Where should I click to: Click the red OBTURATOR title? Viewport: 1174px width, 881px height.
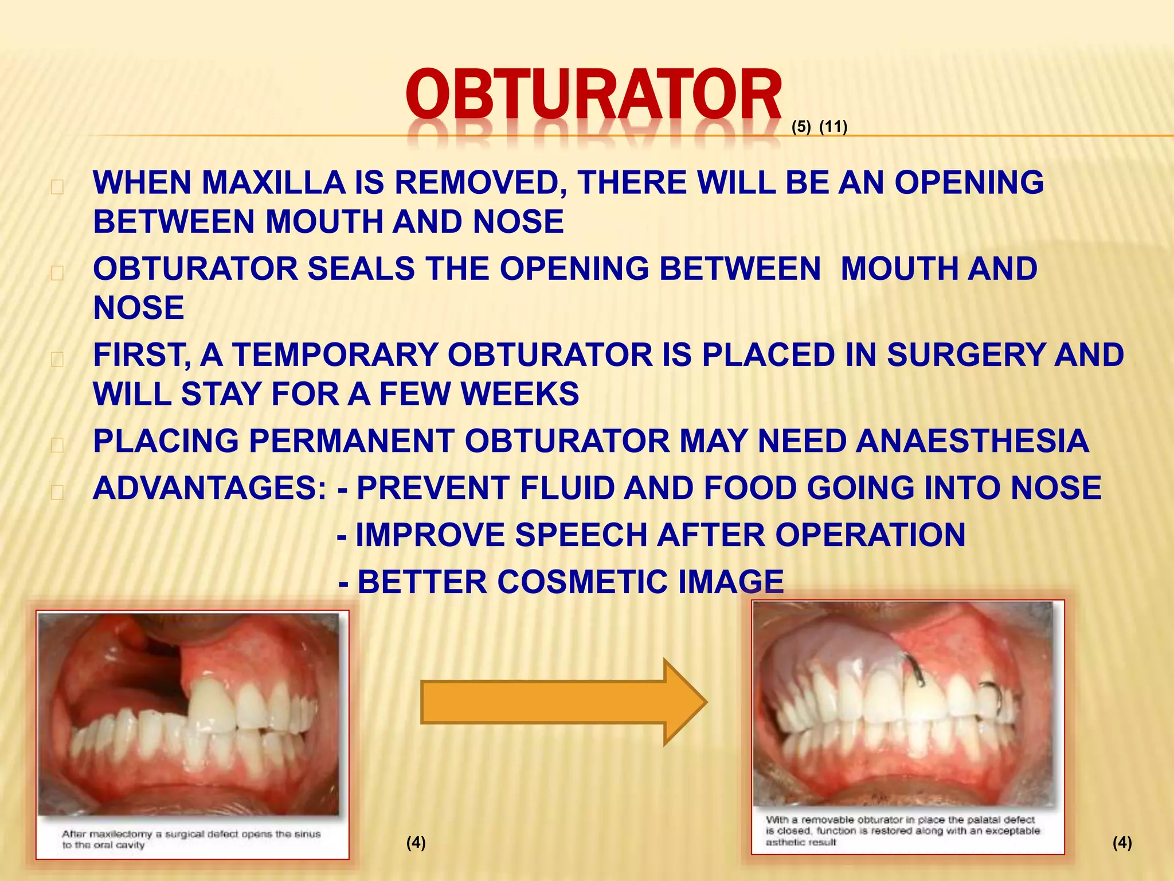click(593, 95)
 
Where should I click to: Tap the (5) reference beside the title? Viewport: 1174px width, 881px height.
click(801, 127)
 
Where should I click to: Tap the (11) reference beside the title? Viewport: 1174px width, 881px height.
click(833, 127)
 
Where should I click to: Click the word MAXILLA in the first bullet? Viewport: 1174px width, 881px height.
click(272, 183)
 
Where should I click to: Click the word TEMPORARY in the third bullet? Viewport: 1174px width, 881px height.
click(335, 355)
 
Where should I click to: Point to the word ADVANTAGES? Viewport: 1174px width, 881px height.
click(210, 488)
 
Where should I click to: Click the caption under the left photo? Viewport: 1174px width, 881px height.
click(191, 839)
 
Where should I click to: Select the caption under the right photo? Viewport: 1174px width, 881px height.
click(902, 831)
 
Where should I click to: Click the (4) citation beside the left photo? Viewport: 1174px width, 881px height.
click(416, 843)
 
